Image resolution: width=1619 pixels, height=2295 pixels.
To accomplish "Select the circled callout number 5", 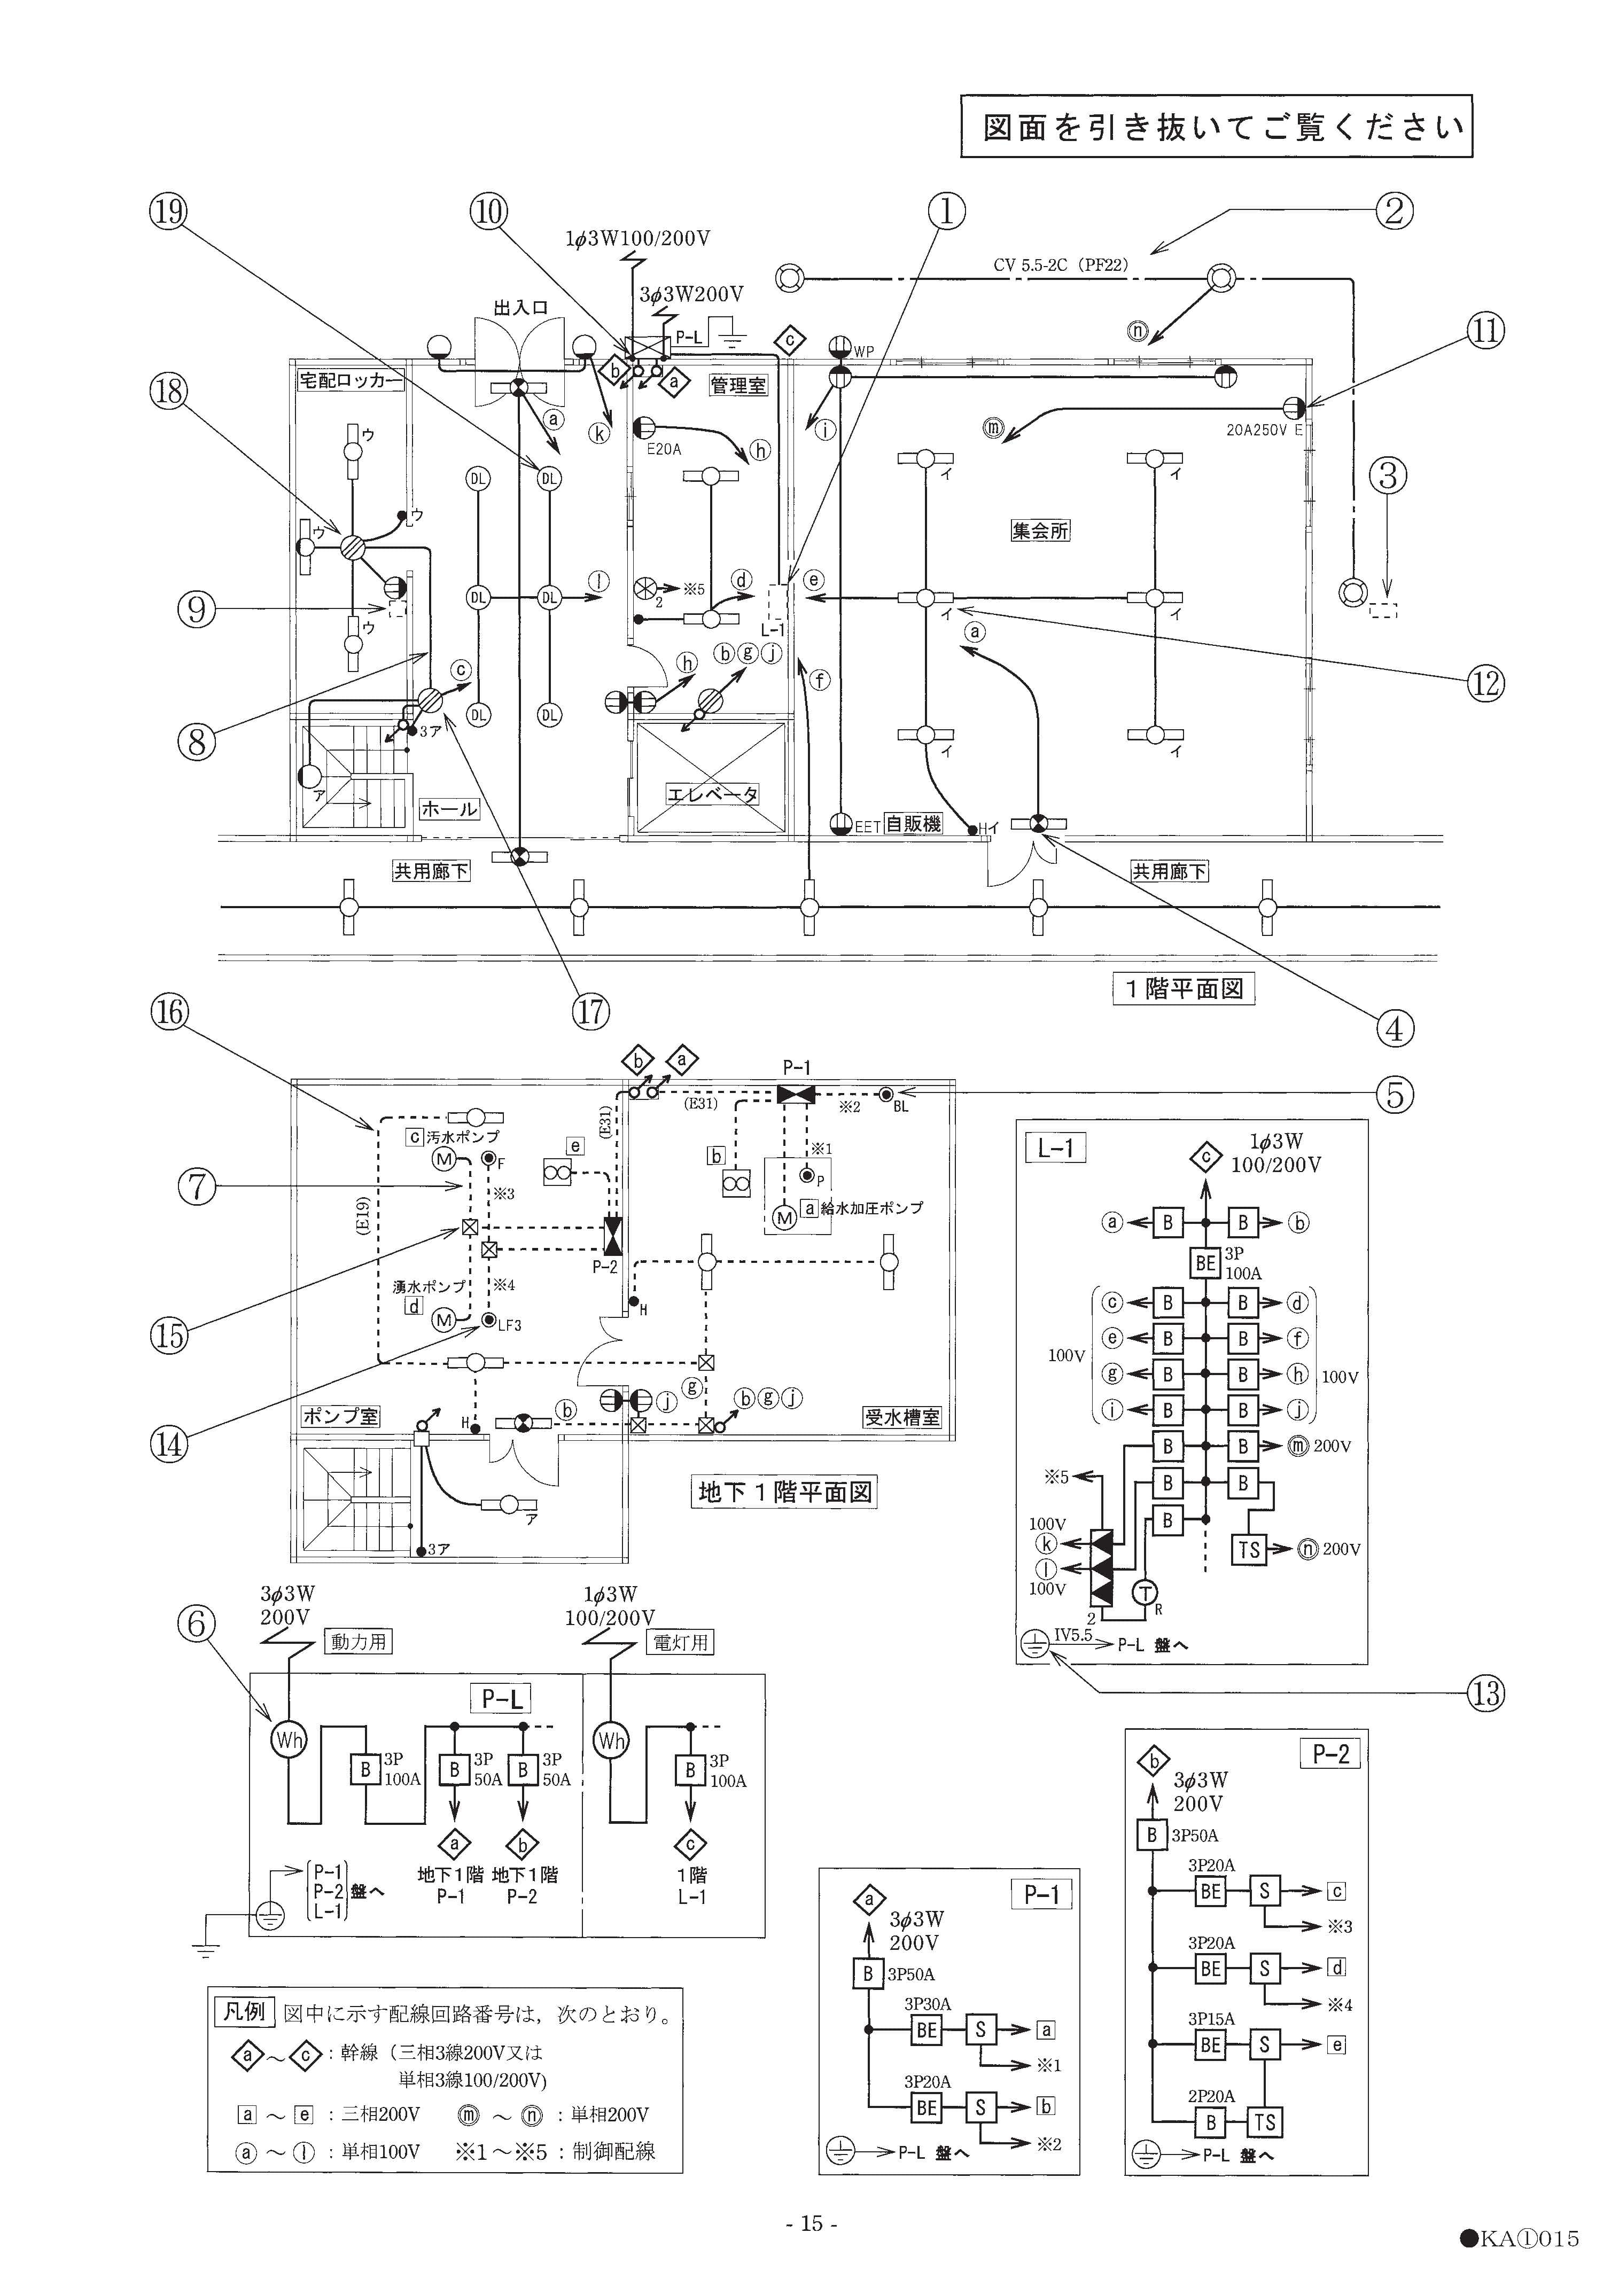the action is pyautogui.click(x=1395, y=1096).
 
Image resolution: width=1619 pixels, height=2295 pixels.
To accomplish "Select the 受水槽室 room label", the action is pyautogui.click(x=902, y=1417).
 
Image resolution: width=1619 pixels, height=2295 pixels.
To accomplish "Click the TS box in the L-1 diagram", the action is pyautogui.click(x=1250, y=1549).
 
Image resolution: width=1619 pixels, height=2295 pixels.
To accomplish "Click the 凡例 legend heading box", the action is pyautogui.click(x=244, y=2010).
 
